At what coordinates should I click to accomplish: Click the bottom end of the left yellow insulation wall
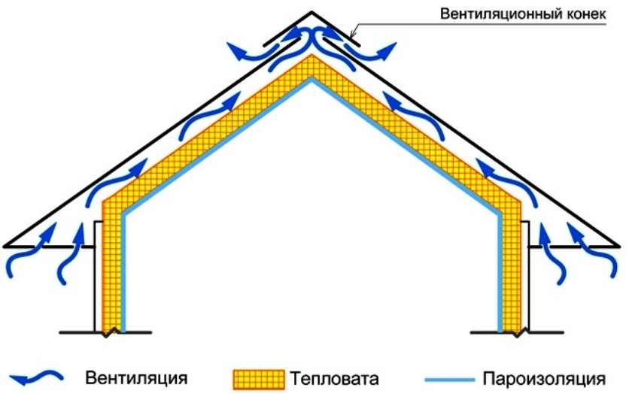(x=111, y=328)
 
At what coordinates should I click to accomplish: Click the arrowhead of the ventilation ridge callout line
(x=351, y=36)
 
